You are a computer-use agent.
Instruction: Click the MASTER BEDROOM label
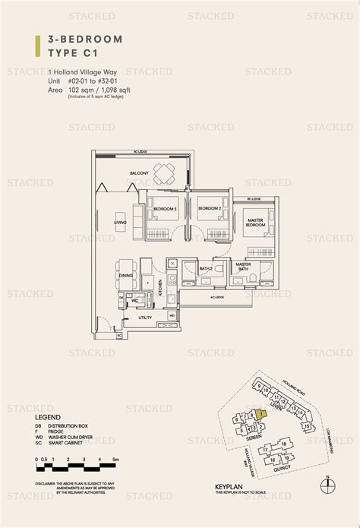tap(255, 223)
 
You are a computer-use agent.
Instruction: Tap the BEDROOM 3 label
tap(165, 208)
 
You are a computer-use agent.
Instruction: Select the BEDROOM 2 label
tap(209, 208)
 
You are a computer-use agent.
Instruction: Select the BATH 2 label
tap(205, 269)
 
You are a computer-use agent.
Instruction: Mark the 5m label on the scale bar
tap(116, 460)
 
